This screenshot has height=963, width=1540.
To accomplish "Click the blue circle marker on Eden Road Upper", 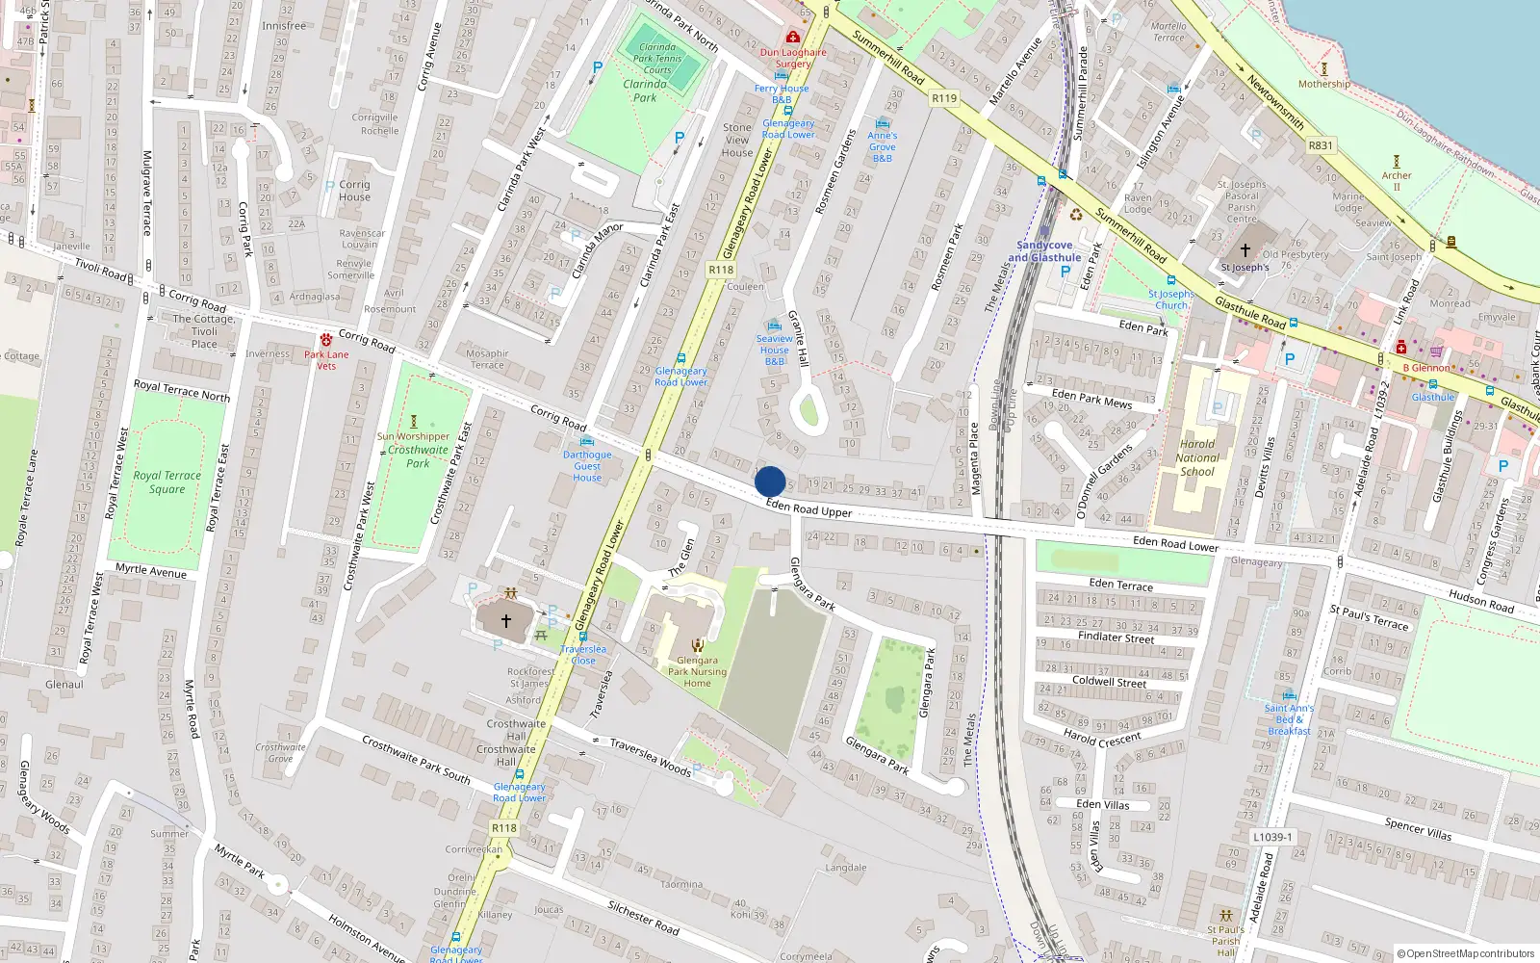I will coord(770,481).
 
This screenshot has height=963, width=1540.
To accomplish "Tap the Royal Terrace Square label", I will coord(167,482).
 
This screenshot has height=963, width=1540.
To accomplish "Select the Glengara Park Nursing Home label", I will coord(697,672).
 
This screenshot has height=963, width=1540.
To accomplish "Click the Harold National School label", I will coord(1197,458).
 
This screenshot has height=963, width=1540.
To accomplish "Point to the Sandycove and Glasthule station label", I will coord(1044,251).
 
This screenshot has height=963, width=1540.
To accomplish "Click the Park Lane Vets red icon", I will coord(326,340).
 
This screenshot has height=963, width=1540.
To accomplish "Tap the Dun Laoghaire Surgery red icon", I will coord(792,38).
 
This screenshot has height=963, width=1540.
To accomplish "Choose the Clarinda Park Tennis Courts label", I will coord(657,59).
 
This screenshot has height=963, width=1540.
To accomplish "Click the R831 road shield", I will coord(1321,146).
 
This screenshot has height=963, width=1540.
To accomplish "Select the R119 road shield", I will coord(944,98).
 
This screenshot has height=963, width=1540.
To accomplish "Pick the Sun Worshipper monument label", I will coord(413,436).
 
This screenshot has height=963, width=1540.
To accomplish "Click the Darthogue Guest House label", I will coord(587,466).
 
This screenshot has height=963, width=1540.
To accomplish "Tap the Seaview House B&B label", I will coord(774,351).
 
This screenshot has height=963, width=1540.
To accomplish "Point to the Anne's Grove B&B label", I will coord(882,147).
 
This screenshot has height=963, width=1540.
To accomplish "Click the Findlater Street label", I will coord(1116,638).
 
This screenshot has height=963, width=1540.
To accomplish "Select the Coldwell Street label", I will coord(1110,682).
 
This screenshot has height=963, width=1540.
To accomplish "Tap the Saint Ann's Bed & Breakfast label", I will coord(1289,719).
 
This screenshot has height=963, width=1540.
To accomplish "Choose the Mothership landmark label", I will coord(1323,84).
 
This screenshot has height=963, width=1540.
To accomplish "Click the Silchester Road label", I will coord(643,918).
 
